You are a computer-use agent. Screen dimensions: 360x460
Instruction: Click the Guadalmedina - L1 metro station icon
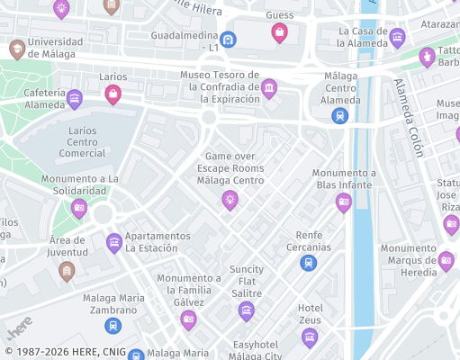pyautogui.click(x=229, y=40)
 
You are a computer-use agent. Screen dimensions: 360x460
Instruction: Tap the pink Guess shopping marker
pyautogui.click(x=279, y=33)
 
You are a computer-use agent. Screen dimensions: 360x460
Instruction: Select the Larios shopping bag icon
pyautogui.click(x=113, y=94)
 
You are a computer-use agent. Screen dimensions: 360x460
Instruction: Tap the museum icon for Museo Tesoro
pyautogui.click(x=268, y=87)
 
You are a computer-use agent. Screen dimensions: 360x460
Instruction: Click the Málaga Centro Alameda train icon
pyautogui.click(x=340, y=115)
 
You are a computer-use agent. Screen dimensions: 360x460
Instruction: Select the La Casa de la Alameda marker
pyautogui.click(x=397, y=37)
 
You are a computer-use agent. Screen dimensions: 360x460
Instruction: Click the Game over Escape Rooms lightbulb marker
pyautogui.click(x=230, y=200)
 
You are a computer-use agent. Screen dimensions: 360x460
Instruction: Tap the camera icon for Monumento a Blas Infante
pyautogui.click(x=343, y=202)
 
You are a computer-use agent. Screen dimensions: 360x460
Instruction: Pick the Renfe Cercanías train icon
pyautogui.click(x=309, y=263)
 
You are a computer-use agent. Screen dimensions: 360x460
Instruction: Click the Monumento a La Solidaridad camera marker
pyautogui.click(x=79, y=209)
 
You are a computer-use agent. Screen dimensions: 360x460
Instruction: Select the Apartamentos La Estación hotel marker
pyautogui.click(x=114, y=242)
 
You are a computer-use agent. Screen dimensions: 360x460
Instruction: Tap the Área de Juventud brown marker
pyautogui.click(x=67, y=268)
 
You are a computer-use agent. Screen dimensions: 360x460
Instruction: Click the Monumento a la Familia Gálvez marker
pyautogui.click(x=188, y=319)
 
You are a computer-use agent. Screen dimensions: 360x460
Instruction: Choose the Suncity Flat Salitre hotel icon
pyautogui.click(x=246, y=311)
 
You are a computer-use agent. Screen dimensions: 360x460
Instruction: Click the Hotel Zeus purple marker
pyautogui.click(x=310, y=337)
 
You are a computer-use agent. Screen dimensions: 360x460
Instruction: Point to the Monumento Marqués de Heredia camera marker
pyautogui.click(x=446, y=262)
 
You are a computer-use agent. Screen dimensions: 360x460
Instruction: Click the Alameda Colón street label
pyautogui.click(x=408, y=118)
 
